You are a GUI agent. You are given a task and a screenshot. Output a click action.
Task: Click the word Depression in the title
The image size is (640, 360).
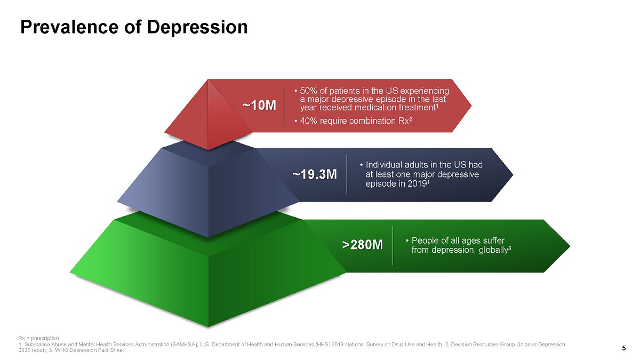click(x=197, y=27)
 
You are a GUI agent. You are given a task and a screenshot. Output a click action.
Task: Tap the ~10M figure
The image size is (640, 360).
click(x=259, y=106)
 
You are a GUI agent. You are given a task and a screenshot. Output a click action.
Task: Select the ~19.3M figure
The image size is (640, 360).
click(x=315, y=174)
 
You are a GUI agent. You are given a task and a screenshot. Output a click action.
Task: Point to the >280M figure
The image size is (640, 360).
click(x=363, y=245)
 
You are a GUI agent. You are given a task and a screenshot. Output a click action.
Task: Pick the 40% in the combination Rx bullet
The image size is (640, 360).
click(x=309, y=121)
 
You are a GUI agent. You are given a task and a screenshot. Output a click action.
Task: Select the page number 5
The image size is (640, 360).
click(x=623, y=348)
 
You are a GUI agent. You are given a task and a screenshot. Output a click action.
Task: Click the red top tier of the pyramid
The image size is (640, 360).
click(x=208, y=114)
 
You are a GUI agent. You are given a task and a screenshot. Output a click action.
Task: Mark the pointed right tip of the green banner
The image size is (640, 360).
click(x=570, y=246)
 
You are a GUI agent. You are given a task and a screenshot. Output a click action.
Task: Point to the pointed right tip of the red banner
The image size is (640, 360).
click(x=471, y=106)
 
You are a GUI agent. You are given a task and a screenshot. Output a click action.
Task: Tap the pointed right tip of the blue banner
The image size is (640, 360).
click(x=513, y=174)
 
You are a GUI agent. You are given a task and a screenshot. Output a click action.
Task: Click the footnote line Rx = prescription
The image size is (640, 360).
click(x=38, y=338)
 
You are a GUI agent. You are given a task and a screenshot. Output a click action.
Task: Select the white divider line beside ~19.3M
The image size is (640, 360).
click(x=347, y=174)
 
